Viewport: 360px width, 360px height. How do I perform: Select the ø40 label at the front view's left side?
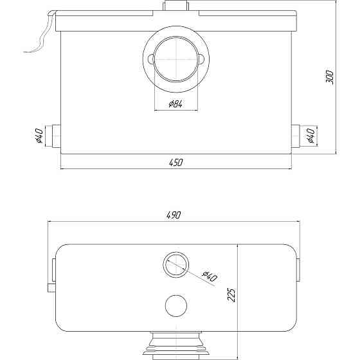click(x=39, y=137)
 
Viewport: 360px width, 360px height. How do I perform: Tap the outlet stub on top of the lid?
click(x=175, y=6)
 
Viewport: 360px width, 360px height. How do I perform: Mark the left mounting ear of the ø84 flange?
click(x=150, y=60)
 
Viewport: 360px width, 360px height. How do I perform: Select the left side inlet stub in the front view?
click(x=55, y=137)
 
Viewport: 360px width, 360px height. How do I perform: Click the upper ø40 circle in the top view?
click(x=175, y=264)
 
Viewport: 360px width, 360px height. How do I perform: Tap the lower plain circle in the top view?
click(x=175, y=305)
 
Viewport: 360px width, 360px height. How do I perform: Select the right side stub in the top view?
click(x=299, y=271)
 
